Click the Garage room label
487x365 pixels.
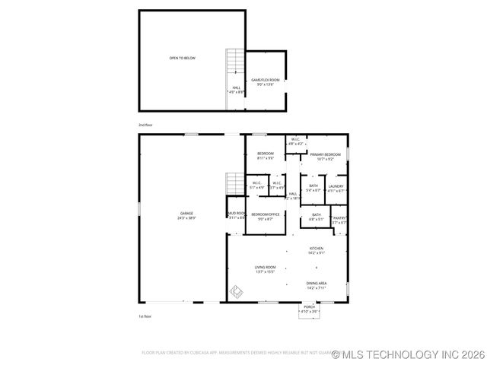tap(186, 213)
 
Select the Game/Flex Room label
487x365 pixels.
tap(266, 80)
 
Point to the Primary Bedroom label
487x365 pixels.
tap(324, 154)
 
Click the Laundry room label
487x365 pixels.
tap(336, 186)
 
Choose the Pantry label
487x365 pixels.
tap(339, 217)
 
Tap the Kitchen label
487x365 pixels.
tap(317, 249)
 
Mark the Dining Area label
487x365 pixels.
tap(317, 283)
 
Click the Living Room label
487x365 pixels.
tap(266, 267)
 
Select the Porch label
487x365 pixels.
tap(309, 306)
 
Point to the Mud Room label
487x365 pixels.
tap(235, 214)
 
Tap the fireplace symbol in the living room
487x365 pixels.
tap(237, 291)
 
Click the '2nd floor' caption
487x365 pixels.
tap(145, 124)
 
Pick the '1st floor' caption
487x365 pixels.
tap(145, 316)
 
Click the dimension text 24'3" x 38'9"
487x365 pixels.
tap(186, 218)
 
